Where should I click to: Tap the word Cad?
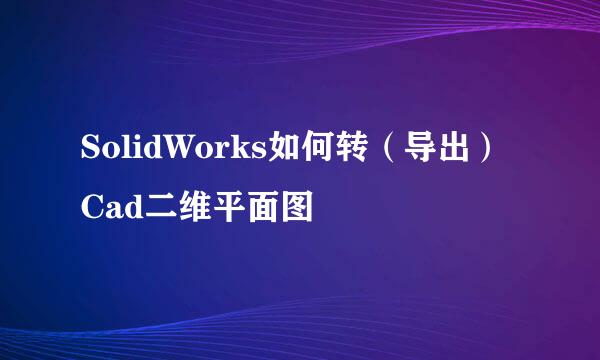coord(105,209)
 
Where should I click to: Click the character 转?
coord(341,152)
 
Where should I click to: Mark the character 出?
coord(454,152)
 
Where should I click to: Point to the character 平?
coord(222,209)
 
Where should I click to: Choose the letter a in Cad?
coord(108,210)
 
